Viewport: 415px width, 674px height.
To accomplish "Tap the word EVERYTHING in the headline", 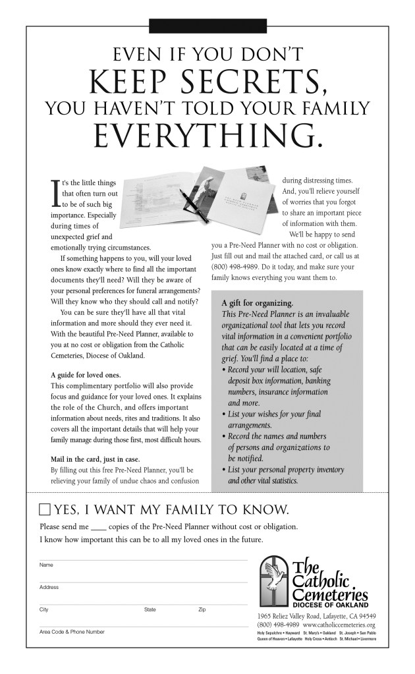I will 207,135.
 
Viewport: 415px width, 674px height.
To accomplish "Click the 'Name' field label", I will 46,565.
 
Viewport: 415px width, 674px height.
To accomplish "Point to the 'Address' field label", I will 49,587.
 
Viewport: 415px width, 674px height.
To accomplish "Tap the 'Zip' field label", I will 202,609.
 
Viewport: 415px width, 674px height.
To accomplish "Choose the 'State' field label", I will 150,609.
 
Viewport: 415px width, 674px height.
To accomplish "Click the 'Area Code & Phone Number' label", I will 72,632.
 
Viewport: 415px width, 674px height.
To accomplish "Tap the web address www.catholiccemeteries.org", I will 339,625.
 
